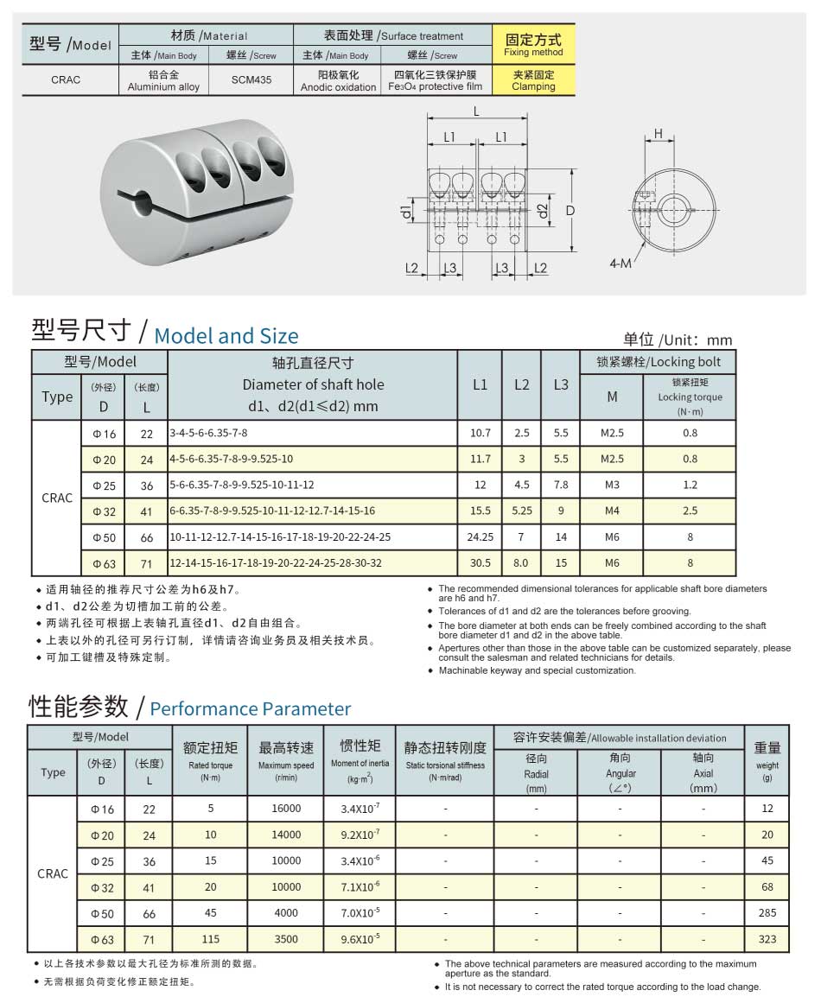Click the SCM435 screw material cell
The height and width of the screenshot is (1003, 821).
tap(251, 79)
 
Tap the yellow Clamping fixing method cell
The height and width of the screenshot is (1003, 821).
tap(533, 79)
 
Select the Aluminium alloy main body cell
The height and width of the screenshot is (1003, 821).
tap(163, 80)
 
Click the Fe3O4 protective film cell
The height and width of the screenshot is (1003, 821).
tap(435, 80)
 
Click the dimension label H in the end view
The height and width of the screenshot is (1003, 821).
tap(658, 134)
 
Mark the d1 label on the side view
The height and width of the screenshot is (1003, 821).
tap(406, 211)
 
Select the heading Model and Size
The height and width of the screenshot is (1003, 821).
tap(226, 335)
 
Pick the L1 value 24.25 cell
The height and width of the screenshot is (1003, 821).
tap(480, 536)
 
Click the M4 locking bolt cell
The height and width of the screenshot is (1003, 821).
tap(612, 511)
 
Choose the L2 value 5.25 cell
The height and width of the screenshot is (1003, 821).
tap(522, 511)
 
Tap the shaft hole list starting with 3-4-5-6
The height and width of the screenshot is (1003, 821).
tap(208, 433)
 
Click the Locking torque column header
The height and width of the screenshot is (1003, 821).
tap(690, 397)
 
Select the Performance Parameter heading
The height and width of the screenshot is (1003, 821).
tap(251, 709)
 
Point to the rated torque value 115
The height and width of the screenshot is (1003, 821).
tap(210, 939)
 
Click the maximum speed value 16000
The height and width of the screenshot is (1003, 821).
tap(286, 809)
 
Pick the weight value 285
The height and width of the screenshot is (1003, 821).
tap(767, 913)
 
